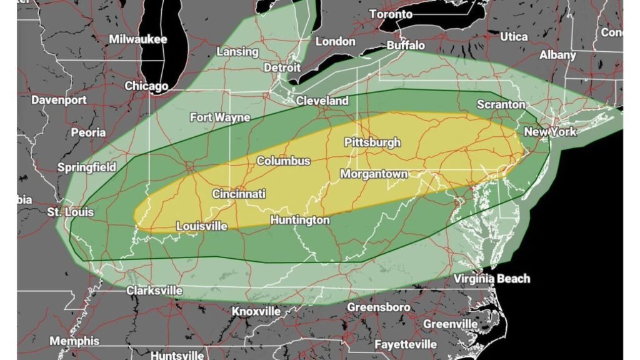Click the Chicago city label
click(146, 86)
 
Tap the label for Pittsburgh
click(372, 142)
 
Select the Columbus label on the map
click(284, 161)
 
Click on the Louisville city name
click(202, 226)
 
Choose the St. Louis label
click(70, 212)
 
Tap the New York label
click(550, 132)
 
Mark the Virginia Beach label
click(492, 279)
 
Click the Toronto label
click(391, 14)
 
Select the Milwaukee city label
click(138, 39)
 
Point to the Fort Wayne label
click(220, 117)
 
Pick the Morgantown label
click(374, 174)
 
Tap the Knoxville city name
click(256, 311)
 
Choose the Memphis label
click(74, 341)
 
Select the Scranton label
click(501, 104)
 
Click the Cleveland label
click(322, 101)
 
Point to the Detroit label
click(282, 67)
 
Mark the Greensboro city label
click(379, 307)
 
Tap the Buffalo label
click(406, 46)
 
